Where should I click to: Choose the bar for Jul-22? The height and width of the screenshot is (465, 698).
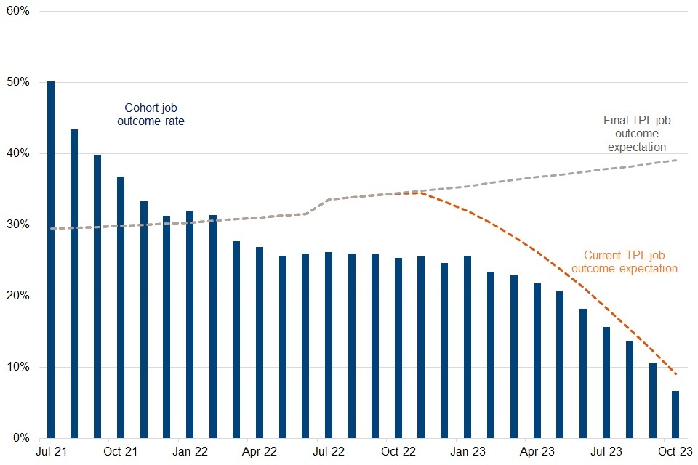coord(329,345)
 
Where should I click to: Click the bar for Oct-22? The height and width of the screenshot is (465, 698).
coord(398,348)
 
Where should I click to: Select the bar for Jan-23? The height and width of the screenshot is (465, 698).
coord(468,347)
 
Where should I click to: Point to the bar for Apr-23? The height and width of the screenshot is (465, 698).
coord(537,360)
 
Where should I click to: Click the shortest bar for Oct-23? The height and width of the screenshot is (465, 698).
coord(675,414)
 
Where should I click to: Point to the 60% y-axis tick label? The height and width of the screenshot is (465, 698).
coord(19,12)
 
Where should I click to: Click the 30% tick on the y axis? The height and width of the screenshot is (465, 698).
coord(19,225)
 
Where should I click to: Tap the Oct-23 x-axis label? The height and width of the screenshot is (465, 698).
coord(675,452)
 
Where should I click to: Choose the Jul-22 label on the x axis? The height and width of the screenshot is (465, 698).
coord(329,452)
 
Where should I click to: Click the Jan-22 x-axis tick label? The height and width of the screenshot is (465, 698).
coord(190,452)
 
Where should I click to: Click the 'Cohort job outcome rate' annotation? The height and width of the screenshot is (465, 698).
coord(151,115)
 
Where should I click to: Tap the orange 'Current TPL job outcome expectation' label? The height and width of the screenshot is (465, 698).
coord(625,262)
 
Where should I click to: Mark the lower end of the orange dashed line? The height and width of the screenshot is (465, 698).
coord(676,374)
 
